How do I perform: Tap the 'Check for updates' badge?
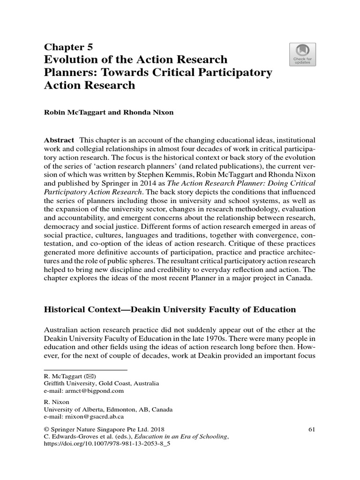tap(303, 54)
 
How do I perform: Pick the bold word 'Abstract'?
tap(59, 140)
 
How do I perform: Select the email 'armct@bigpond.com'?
tap(83, 390)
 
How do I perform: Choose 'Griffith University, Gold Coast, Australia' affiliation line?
tap(101, 383)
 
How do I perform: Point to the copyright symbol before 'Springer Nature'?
tap(46, 429)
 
